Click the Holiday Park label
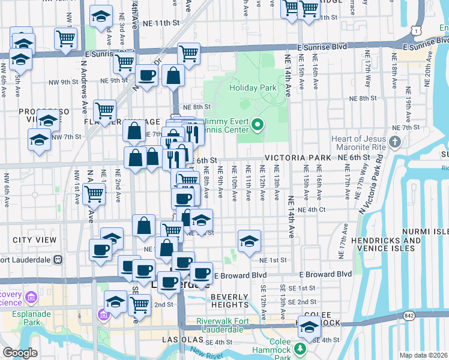point(253,88)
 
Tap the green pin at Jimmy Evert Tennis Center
point(258,125)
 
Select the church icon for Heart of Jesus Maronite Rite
point(394,142)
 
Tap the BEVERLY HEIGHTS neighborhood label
point(229,301)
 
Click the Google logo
point(19,353)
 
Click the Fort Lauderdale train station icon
point(58,260)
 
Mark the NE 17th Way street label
point(367,63)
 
